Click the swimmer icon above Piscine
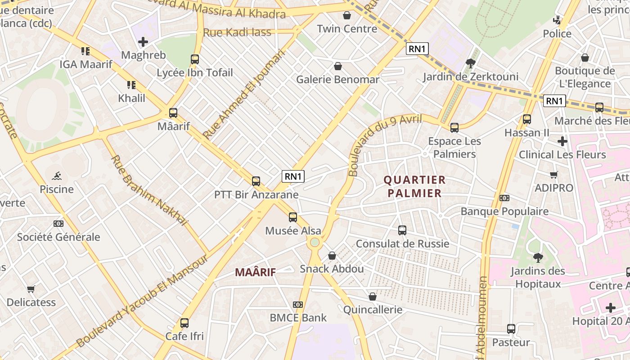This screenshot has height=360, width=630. coord(57,175)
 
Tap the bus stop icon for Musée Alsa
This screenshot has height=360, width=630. coord(293,217)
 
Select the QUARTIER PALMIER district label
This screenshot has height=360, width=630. coord(414,187)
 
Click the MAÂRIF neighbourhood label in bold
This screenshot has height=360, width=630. coord(255,272)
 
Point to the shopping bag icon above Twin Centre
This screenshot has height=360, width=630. coord(347,15)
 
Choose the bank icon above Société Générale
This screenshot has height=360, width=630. coord(58,224)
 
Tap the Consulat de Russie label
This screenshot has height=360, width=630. coord(402,243)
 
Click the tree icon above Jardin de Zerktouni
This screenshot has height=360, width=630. coord(471,63)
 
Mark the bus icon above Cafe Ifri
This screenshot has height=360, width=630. coord(184,323)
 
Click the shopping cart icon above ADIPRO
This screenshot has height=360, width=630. coord(553,175)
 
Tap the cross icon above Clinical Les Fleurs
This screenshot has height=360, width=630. coord(562,141)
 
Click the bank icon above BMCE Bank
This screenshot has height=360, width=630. coord(297,305)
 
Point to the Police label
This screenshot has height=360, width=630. coord(557,34)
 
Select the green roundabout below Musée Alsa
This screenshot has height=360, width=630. coord(315,243)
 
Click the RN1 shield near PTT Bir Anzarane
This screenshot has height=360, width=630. coord(293,176)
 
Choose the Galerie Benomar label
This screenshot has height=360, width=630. coord(337,80)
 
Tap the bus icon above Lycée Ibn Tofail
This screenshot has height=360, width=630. coord(195,59)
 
